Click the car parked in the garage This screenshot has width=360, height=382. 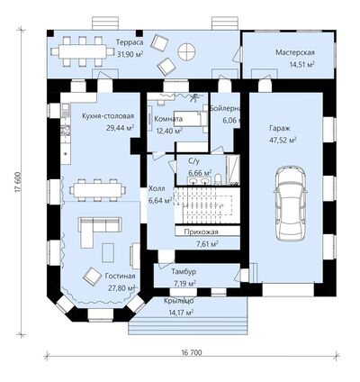pyautogui.click(x=291, y=204)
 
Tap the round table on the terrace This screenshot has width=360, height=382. pyautogui.click(x=186, y=51)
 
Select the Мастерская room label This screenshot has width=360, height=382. pyautogui.click(x=295, y=52)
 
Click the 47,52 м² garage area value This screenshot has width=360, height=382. pyautogui.click(x=283, y=141)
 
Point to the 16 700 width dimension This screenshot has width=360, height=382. pyautogui.click(x=192, y=352)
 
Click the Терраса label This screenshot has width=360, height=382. pyautogui.click(x=130, y=42)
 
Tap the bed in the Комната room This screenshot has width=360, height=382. pyautogui.click(x=190, y=119)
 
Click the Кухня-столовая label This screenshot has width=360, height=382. pyautogui.click(x=108, y=116)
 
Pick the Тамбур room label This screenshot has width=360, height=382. pyautogui.click(x=184, y=272)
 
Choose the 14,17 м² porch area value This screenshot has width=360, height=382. pyautogui.click(x=181, y=313)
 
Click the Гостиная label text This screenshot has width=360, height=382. pyautogui.click(x=120, y=276)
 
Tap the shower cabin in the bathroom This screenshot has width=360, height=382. pyautogui.click(x=233, y=169)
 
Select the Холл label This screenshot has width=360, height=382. pyautogui.click(x=157, y=189)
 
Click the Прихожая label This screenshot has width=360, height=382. pyautogui.click(x=201, y=232)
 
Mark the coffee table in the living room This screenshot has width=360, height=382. pyautogui.click(x=108, y=252)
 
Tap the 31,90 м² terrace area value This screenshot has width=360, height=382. pyautogui.click(x=130, y=54)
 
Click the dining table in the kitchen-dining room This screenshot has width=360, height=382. pyautogui.click(x=97, y=190)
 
